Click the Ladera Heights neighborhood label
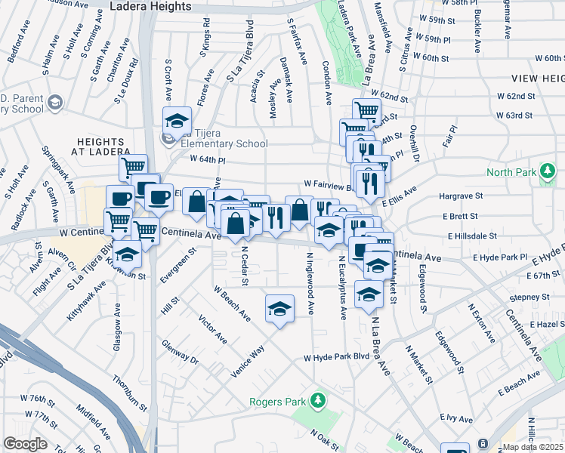click(x=150, y=6)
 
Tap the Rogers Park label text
click(x=279, y=401)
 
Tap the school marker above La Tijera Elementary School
click(x=177, y=121)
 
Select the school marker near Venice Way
click(x=279, y=308)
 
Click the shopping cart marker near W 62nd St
click(x=366, y=111)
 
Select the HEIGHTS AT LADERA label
click(x=100, y=148)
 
